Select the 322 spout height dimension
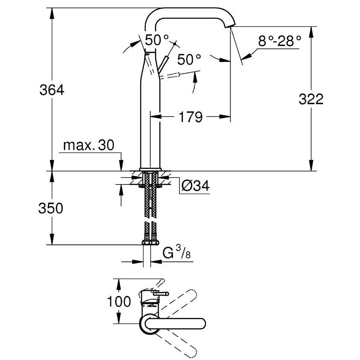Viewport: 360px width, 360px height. (x=311, y=100)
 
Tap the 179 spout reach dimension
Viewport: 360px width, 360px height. (x=190, y=117)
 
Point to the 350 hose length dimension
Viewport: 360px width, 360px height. (x=51, y=208)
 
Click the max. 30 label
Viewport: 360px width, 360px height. (x=88, y=146)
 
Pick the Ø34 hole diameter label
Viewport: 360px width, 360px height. (x=194, y=186)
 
